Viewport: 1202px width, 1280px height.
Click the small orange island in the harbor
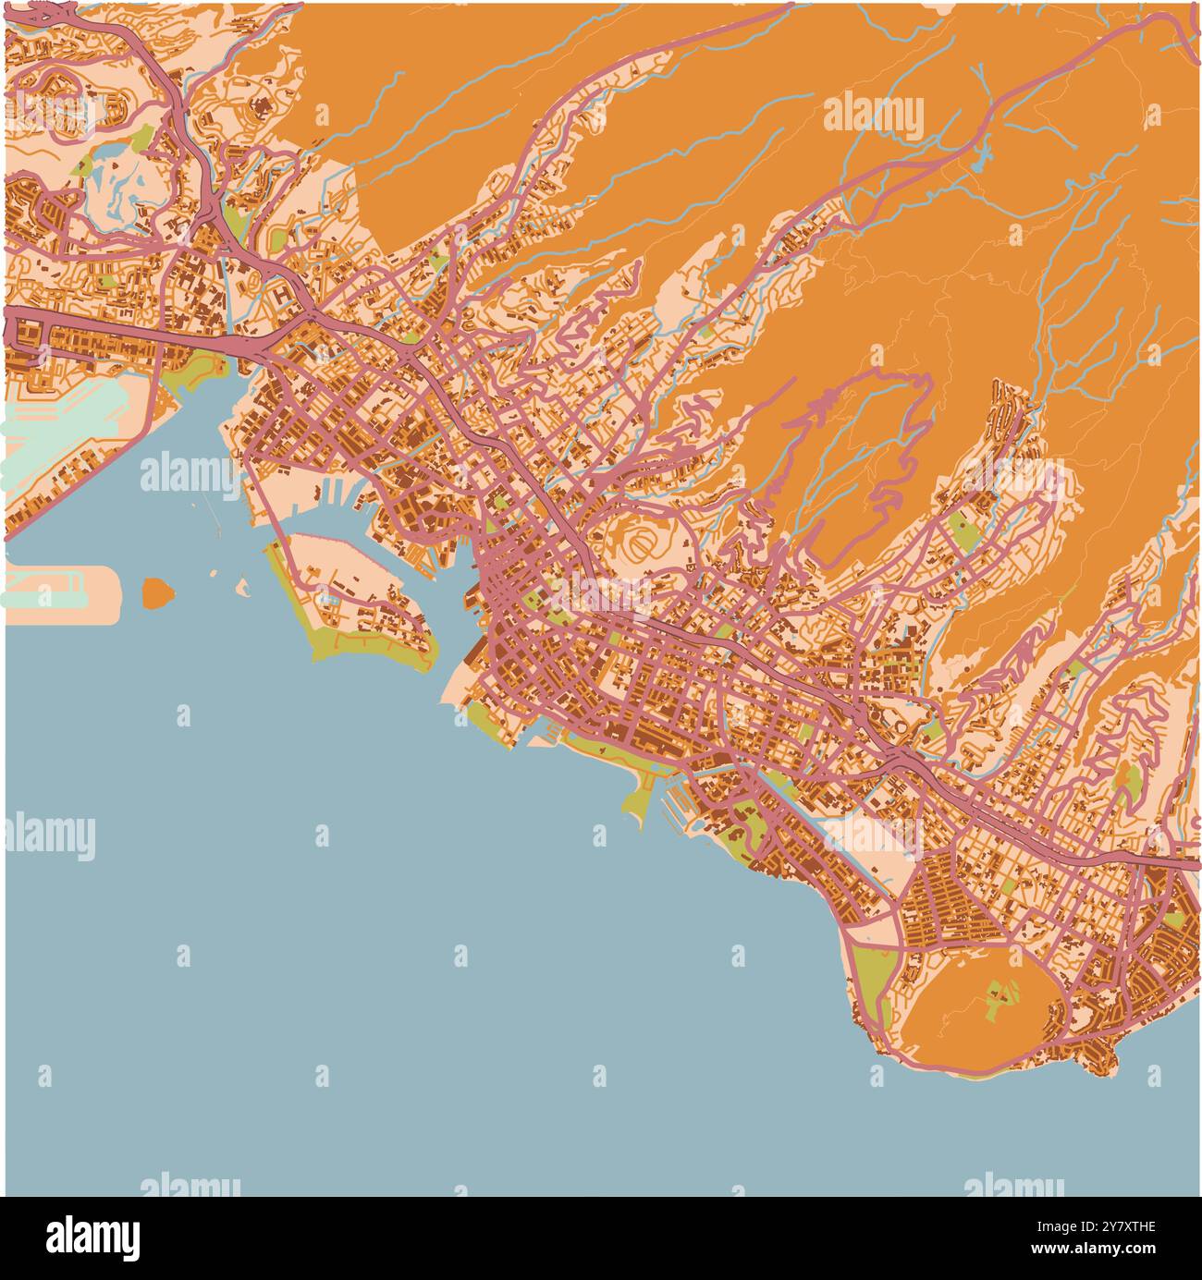(x=158, y=593)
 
